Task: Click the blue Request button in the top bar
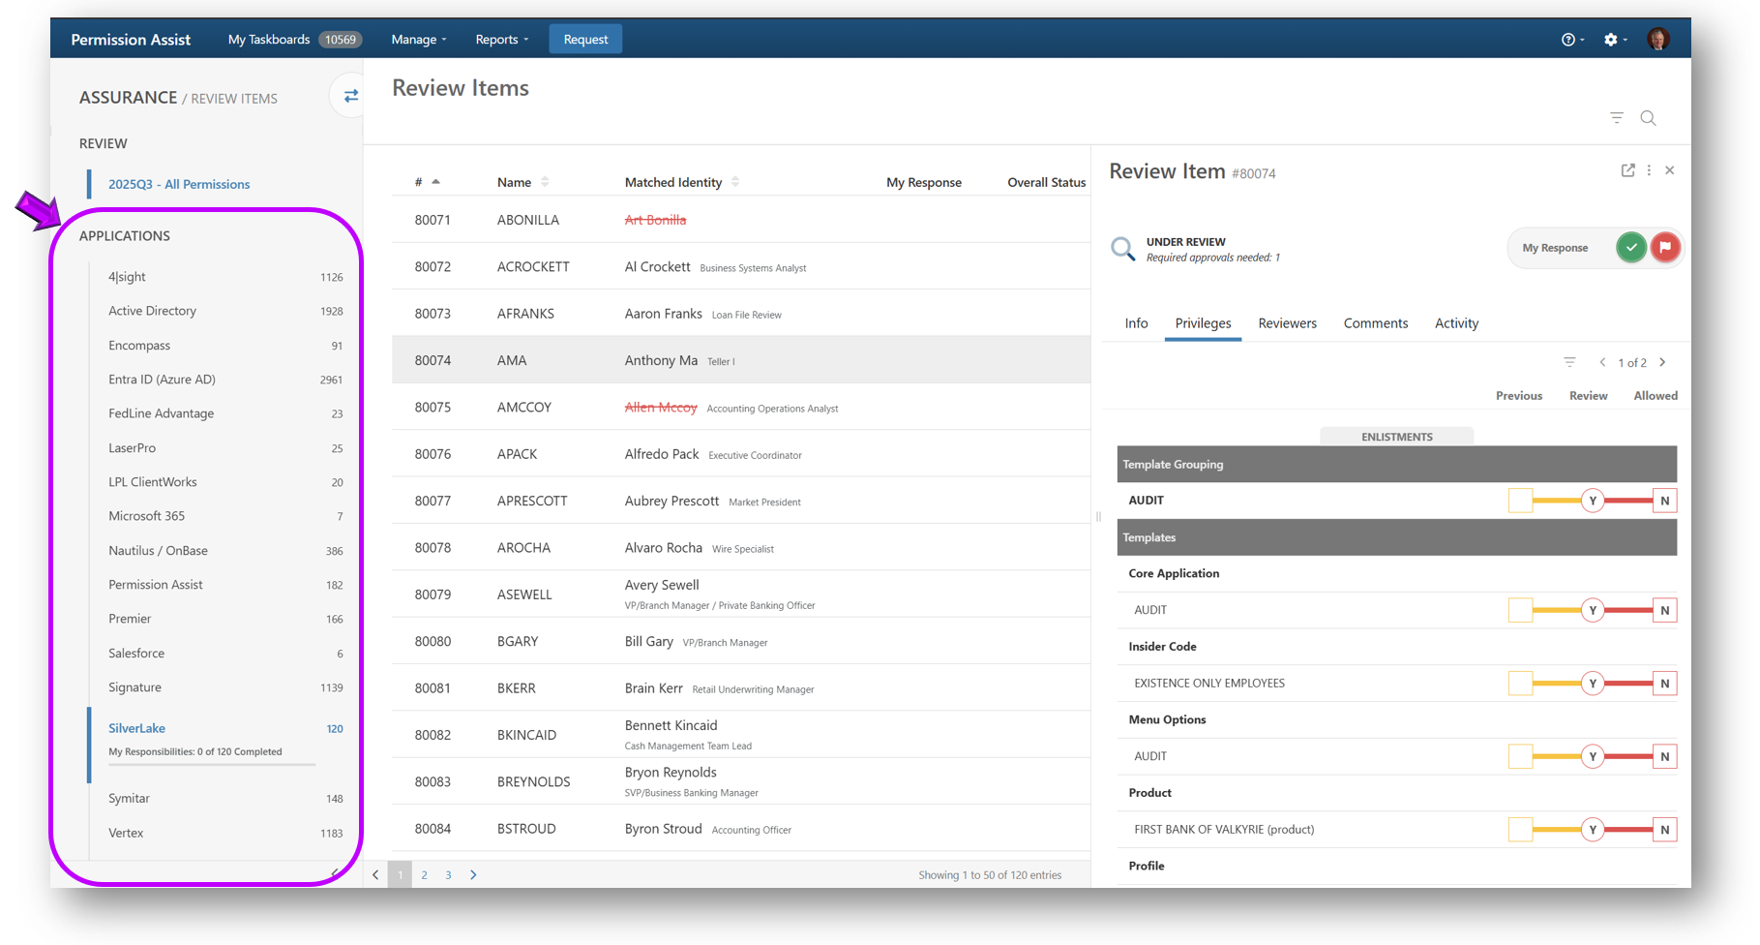585,40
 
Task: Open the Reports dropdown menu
501,40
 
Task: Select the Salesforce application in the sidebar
136,654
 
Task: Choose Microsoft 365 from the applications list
146,516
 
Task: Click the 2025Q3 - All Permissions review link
179,184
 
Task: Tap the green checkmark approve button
1631,248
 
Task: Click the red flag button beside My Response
1665,248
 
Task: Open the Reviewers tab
1287,323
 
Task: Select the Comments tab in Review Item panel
1375,323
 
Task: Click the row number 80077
433,501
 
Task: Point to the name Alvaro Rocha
663,548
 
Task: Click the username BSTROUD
526,829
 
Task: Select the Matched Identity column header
673,182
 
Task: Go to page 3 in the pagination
448,875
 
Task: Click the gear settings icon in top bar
1611,40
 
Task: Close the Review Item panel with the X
1670,170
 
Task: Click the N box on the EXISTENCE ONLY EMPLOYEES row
1664,684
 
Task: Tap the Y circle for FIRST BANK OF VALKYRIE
1593,830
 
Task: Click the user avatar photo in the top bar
1658,40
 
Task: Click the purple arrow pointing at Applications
37,210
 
